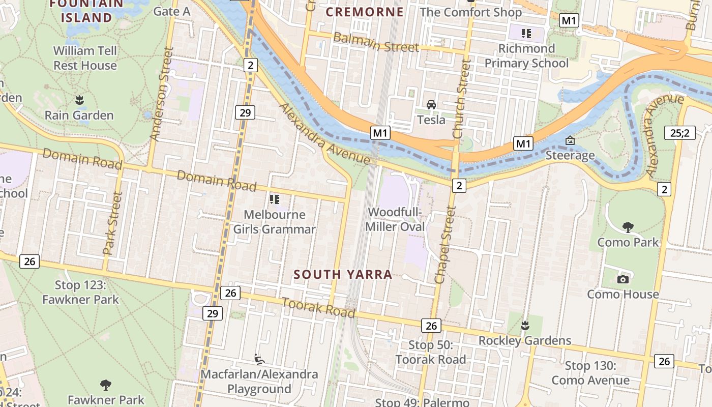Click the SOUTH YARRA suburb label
[x=343, y=275]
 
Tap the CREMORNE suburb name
[x=365, y=12]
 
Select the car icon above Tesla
[x=431, y=105]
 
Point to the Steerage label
[x=570, y=155]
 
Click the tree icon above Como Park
[x=628, y=227]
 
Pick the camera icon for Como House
[x=622, y=279]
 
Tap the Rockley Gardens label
[x=525, y=340]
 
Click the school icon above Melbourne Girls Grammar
[x=275, y=199]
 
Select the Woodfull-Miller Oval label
[x=395, y=219]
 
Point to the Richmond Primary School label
[x=526, y=56]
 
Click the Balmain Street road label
[x=376, y=42]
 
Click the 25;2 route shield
[x=680, y=133]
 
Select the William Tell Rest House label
[x=85, y=58]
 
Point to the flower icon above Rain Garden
[x=79, y=100]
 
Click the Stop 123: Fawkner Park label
[x=80, y=292]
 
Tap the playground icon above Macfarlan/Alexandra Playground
[x=259, y=359]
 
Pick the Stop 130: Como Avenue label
[x=590, y=373]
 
